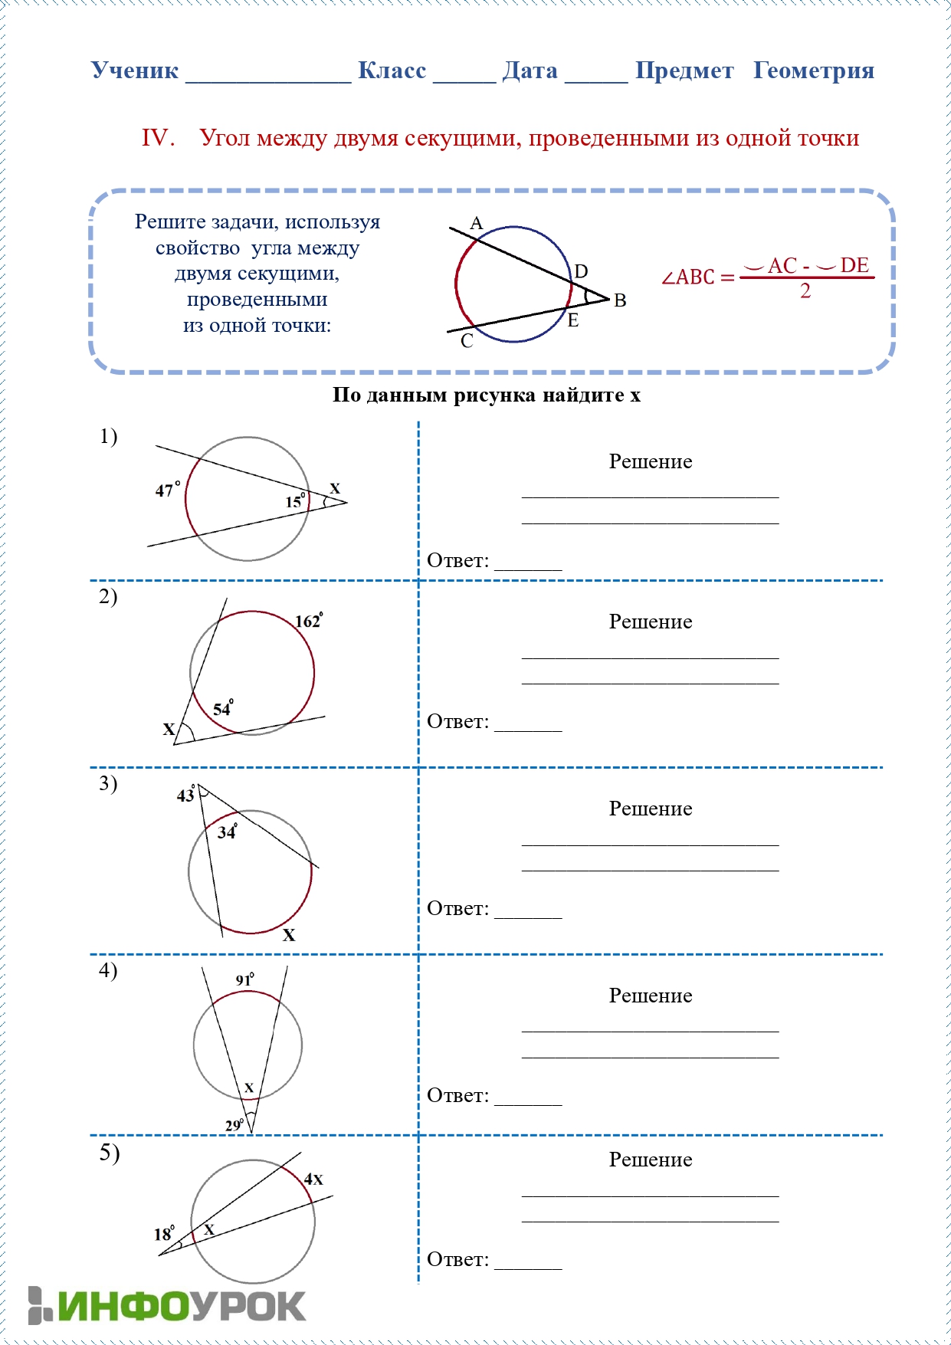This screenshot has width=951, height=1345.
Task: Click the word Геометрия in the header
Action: coord(813,71)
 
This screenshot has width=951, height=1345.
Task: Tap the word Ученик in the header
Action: coord(135,71)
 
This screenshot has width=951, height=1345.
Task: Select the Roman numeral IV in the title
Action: coord(157,138)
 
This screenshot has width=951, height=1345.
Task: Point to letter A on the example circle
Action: coord(477,223)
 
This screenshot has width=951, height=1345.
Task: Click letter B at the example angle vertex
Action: coord(620,300)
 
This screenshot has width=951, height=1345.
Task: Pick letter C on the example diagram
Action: coord(467,341)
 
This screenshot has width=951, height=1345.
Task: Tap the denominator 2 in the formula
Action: coord(805,291)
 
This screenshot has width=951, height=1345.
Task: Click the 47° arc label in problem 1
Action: coord(167,490)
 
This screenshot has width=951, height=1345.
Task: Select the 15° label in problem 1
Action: coord(295,501)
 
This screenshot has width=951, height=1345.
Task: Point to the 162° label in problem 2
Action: coord(309,621)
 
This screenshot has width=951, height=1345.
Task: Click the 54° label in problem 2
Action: coord(223,708)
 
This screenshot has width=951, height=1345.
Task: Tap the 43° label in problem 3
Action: coord(186,795)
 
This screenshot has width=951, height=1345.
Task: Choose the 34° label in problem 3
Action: coord(228,832)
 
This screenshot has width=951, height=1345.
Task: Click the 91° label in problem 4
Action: coord(244,979)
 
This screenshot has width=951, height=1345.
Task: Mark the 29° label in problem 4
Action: coord(234,1125)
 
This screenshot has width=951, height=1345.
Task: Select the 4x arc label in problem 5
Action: coord(313,1179)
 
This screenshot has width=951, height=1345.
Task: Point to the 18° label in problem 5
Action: coord(164,1234)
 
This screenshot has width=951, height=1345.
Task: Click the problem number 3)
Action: coord(108,783)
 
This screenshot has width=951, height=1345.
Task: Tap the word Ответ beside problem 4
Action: coord(457,1095)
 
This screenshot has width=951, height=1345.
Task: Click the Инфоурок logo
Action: coord(167,1305)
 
